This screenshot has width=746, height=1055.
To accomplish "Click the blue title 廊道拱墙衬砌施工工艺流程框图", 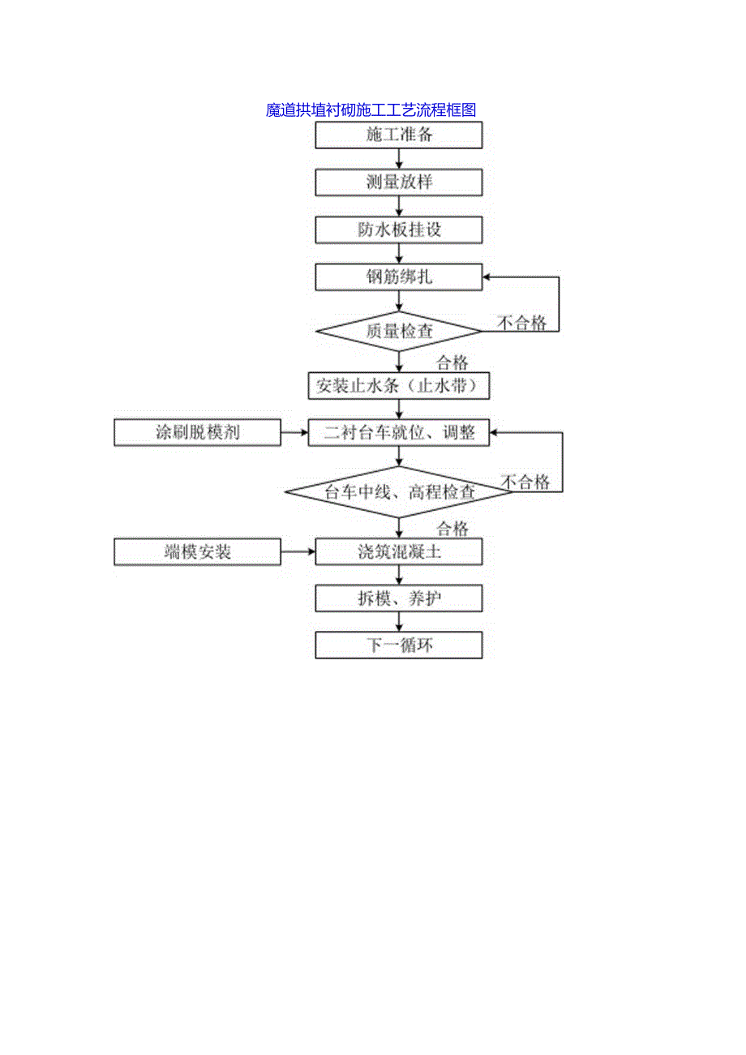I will [x=371, y=110].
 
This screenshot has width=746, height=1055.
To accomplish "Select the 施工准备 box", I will [x=399, y=135].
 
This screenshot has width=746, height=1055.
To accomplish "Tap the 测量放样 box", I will [x=399, y=182].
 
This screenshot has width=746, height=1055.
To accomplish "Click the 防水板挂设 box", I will [x=399, y=230].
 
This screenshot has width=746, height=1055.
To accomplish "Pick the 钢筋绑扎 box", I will [x=399, y=277].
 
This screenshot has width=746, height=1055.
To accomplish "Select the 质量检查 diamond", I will [x=399, y=331].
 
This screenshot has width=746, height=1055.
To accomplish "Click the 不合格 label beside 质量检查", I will [x=522, y=324].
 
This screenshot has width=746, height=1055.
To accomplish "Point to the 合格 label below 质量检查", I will [x=452, y=362].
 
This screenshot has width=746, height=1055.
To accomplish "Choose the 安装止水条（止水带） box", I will [x=399, y=386].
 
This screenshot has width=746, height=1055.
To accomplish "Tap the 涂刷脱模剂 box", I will [x=197, y=433].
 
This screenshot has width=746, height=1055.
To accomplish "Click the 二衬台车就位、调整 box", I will [x=399, y=433].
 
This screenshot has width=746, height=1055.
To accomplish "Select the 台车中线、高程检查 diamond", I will [x=399, y=492].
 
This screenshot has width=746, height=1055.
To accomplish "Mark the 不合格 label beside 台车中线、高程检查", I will [x=525, y=482].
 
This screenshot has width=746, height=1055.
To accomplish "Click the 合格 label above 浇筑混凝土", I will [x=452, y=530].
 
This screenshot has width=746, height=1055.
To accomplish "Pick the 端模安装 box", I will [x=197, y=553].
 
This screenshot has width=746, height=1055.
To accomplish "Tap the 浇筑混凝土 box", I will [x=399, y=553].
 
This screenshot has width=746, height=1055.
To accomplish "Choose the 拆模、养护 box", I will [x=399, y=599].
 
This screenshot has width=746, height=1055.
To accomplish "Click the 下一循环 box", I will [x=399, y=646].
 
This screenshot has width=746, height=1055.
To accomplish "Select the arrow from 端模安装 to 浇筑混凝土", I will [x=298, y=553].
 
